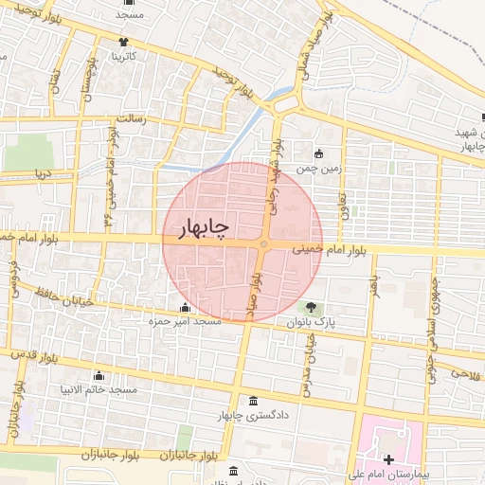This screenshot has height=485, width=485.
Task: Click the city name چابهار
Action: (204, 227)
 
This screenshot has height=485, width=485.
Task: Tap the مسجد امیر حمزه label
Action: (184, 322)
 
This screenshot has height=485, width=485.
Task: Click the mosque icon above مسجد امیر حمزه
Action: (184, 307)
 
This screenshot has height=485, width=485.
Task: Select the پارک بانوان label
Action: (312, 322)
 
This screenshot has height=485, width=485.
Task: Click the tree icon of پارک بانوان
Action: (311, 307)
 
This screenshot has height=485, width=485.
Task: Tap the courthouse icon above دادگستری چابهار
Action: (251, 401)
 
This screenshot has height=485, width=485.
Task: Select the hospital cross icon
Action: (388, 458)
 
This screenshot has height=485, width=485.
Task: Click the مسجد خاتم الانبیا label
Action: (99, 390)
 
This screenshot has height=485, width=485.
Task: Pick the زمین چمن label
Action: (317, 169)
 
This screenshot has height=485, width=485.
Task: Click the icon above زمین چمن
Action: (317, 153)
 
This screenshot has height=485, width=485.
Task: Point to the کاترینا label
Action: (124, 57)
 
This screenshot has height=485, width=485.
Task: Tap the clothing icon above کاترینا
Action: (124, 42)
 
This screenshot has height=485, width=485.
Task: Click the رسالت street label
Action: (129, 120)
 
